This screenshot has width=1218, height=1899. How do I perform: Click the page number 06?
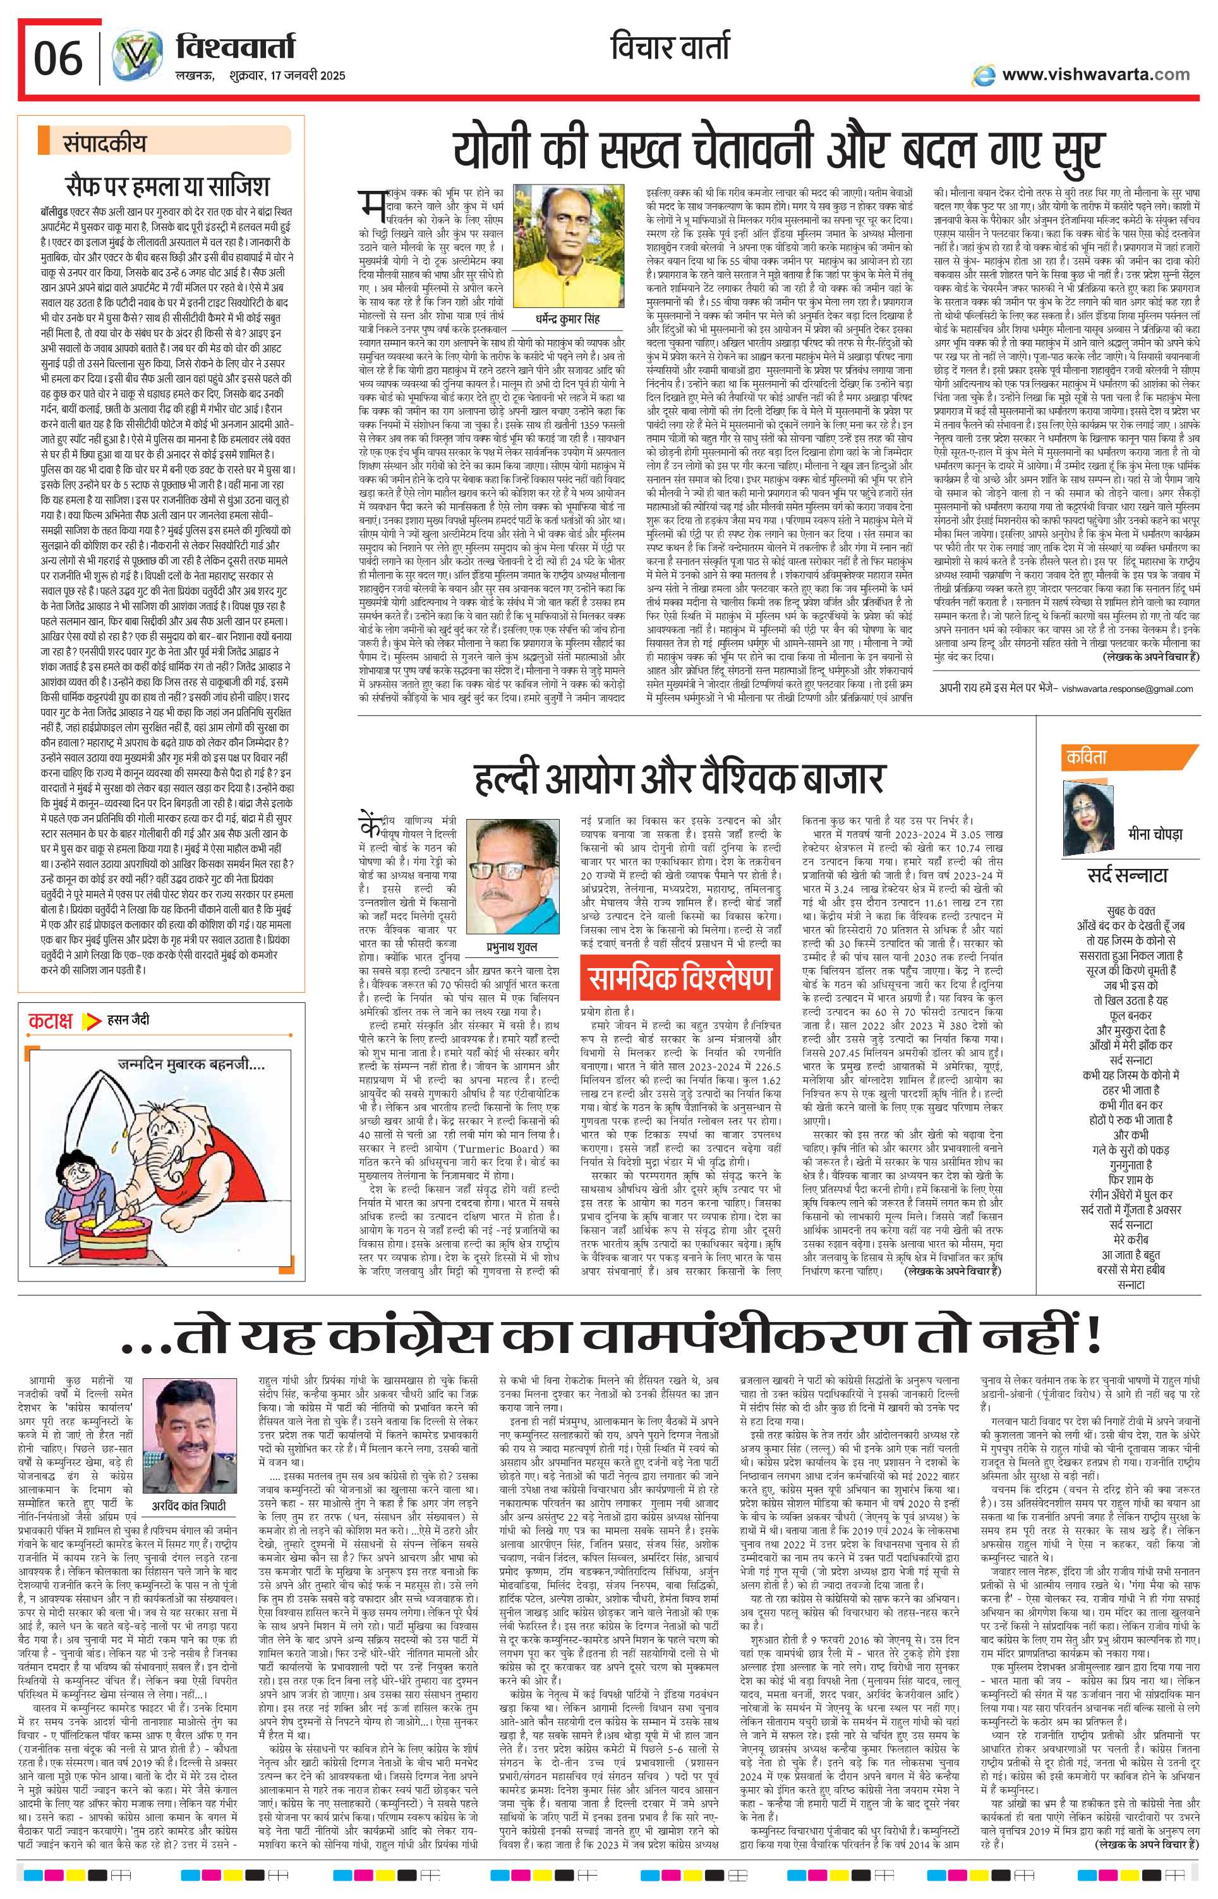click(x=57, y=57)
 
